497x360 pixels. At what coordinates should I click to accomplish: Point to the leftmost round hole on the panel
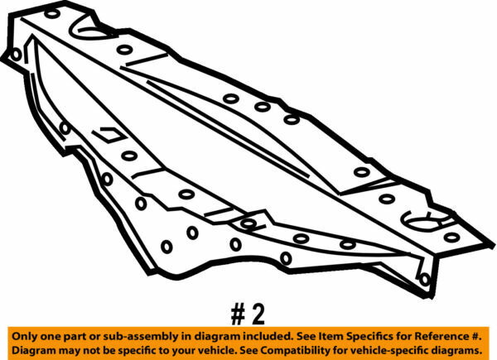tap(14, 55)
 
